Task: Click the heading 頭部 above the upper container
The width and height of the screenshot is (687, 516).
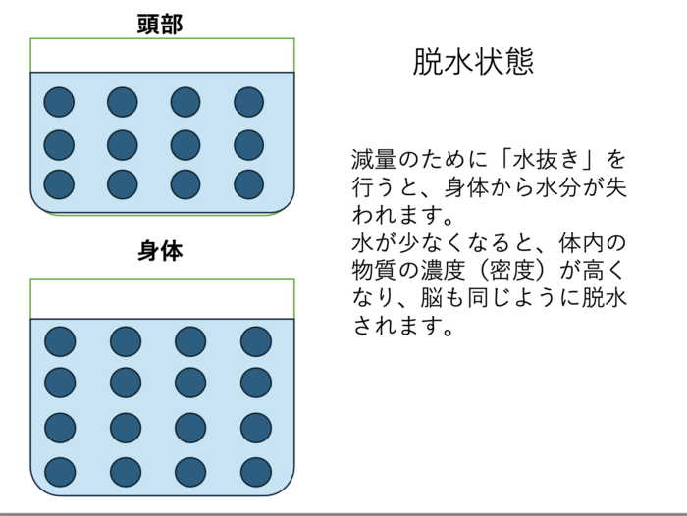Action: click(x=160, y=25)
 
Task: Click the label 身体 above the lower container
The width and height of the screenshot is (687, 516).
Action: click(x=160, y=251)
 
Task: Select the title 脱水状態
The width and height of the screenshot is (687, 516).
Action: click(x=473, y=62)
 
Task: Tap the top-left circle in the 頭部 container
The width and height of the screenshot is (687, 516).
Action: click(x=59, y=102)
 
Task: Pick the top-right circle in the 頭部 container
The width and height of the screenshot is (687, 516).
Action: click(x=249, y=102)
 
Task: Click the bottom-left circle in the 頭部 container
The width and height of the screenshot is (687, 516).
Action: click(x=59, y=184)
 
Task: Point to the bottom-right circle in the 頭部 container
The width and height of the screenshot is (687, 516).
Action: click(x=249, y=184)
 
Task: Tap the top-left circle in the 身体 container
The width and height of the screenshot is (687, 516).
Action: click(x=60, y=341)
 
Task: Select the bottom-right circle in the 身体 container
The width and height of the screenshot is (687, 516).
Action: click(x=256, y=472)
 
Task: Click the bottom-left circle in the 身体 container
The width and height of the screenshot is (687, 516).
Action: click(x=60, y=472)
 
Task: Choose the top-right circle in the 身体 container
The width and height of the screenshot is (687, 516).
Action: click(x=256, y=341)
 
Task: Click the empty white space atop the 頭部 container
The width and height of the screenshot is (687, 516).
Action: click(x=162, y=55)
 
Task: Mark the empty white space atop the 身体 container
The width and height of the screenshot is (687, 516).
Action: click(x=162, y=299)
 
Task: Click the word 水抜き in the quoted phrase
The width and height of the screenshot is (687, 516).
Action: click(x=545, y=159)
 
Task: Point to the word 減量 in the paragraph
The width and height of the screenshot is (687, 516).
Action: click(x=374, y=159)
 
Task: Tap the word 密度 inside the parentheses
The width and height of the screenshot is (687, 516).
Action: click(x=511, y=271)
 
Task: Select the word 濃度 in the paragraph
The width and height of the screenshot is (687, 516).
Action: click(x=443, y=271)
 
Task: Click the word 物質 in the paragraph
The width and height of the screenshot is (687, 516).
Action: click(x=374, y=271)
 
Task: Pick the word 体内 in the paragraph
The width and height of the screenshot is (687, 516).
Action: click(x=581, y=242)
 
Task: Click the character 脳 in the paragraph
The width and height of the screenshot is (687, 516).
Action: click(x=431, y=298)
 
